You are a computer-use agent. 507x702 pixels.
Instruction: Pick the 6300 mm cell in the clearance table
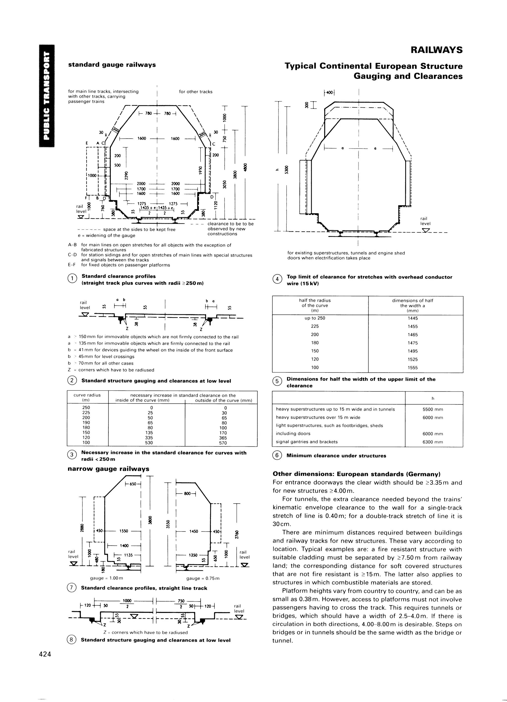(x=433, y=442)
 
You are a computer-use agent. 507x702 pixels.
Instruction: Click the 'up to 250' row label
(x=315, y=318)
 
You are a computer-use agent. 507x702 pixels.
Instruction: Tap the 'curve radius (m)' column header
(x=87, y=398)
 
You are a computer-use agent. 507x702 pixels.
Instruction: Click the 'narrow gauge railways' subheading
(x=108, y=469)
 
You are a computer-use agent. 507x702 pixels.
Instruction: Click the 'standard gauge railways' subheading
(x=112, y=65)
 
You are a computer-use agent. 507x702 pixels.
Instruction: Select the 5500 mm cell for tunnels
(x=433, y=409)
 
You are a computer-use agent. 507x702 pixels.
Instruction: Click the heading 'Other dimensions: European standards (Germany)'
(x=356, y=474)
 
